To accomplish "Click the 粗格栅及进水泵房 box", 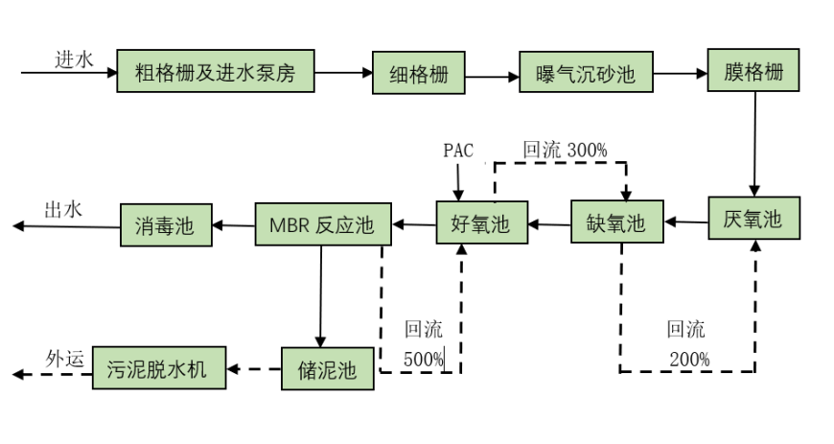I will tap(215, 71).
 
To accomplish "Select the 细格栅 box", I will tap(419, 73).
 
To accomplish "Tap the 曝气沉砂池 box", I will tap(587, 73).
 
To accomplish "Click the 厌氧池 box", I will tap(753, 219).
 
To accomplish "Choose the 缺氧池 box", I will tap(617, 223).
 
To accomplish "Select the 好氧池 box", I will tap(481, 223).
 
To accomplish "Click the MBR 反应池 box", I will tap(323, 225).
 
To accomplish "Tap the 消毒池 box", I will tap(165, 225).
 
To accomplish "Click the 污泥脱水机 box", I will tap(159, 367).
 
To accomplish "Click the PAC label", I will tap(458, 151).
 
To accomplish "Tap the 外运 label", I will tap(66, 359).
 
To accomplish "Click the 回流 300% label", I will tap(565, 150).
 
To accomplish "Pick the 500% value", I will tap(424, 359).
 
